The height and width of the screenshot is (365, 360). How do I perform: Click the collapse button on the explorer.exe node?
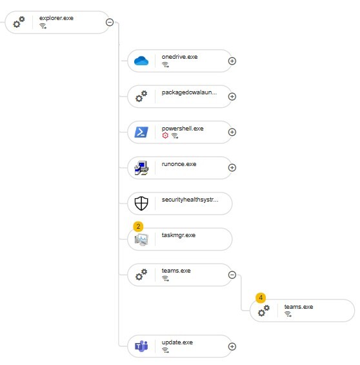tap(110, 23)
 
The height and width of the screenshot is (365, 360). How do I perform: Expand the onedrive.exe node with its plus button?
tap(232, 61)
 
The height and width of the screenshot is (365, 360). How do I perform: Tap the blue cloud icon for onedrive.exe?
tap(141, 61)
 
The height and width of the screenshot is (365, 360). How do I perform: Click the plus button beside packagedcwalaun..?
tap(232, 97)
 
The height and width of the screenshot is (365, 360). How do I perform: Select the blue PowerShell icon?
tap(141, 132)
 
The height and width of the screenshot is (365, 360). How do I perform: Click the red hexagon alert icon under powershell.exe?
tap(165, 135)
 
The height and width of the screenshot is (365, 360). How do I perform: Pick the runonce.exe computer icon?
tap(141, 168)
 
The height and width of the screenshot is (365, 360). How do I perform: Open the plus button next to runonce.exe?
tap(232, 167)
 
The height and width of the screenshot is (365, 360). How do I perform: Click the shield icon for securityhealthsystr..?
tap(141, 203)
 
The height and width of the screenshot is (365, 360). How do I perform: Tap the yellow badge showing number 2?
tap(138, 227)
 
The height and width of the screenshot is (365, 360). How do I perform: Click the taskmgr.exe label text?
tap(179, 235)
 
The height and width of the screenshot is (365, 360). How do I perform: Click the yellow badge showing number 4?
tap(261, 298)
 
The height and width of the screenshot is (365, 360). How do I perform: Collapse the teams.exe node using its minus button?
tap(232, 275)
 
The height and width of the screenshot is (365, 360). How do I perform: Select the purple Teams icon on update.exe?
tap(141, 346)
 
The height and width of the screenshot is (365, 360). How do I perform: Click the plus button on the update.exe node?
tap(232, 346)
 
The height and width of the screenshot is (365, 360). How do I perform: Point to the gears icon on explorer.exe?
tap(19, 22)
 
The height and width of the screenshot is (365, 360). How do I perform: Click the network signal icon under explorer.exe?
tap(43, 26)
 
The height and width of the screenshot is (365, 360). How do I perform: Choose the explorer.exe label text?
tap(56, 18)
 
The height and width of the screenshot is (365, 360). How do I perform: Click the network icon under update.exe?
tap(165, 350)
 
